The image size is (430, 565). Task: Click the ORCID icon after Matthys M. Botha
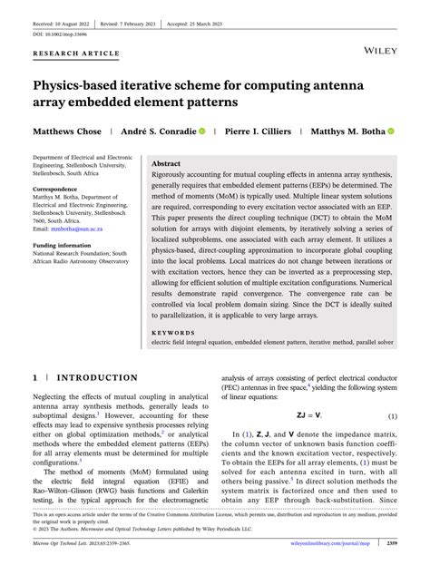391,132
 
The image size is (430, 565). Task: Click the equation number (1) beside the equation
392,416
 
